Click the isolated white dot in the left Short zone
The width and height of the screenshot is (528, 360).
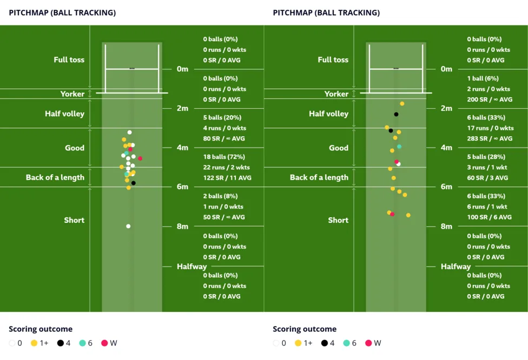coord(128,226)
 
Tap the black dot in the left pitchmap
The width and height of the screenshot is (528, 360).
coord(133,183)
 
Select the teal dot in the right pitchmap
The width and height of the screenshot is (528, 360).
coord(399,146)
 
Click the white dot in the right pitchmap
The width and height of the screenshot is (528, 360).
coord(398,164)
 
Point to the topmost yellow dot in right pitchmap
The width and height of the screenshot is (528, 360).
coord(402,104)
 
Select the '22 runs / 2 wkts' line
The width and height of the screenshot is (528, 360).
coord(226,168)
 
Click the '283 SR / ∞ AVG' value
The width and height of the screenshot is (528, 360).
coord(490,138)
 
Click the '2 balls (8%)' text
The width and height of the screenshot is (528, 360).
coord(220,196)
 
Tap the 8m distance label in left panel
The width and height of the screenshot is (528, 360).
coord(182,226)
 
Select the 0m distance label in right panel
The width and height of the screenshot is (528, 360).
coord(446,69)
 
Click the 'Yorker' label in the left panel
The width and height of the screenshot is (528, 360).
coord(72,94)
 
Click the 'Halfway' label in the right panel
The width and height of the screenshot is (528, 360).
coord(456,266)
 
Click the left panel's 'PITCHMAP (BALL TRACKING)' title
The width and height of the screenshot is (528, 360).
coord(62,12)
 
